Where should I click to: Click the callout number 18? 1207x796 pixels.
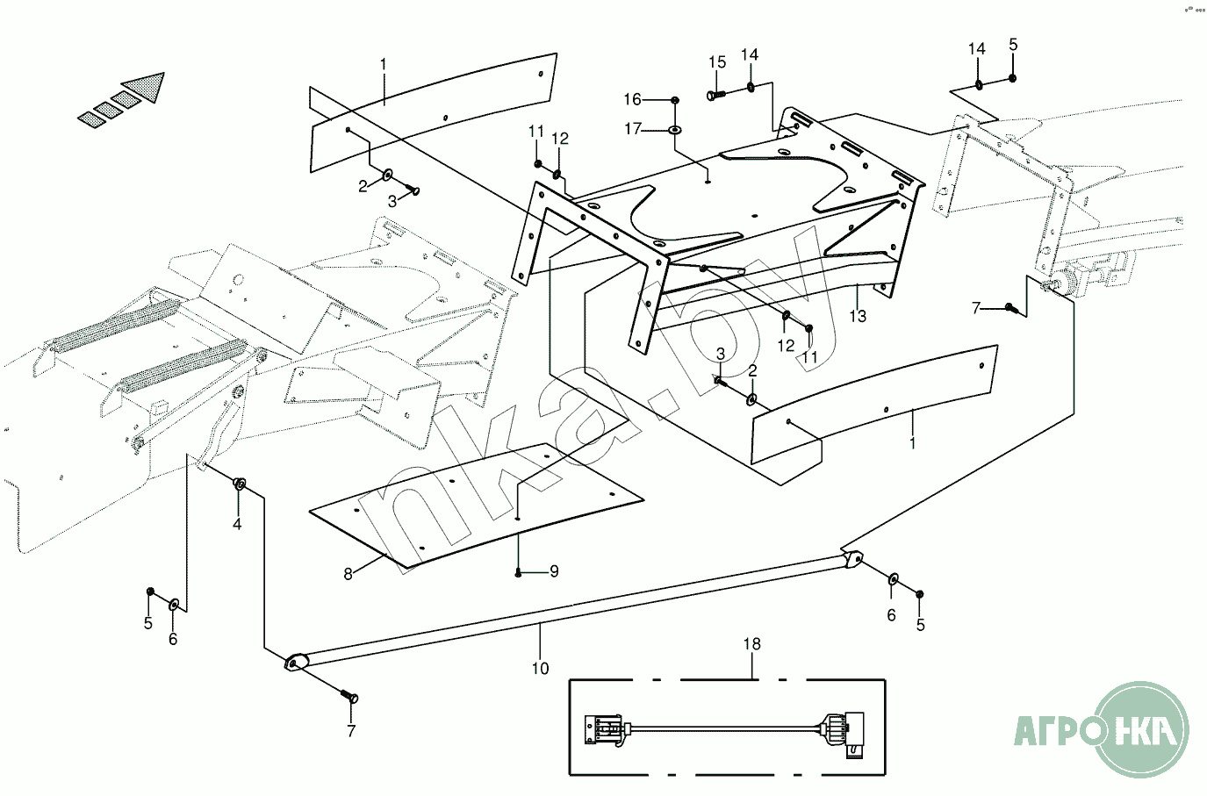[x=752, y=644]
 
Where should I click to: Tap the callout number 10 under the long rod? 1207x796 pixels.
[x=540, y=668]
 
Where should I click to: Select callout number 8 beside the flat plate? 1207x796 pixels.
[x=348, y=574]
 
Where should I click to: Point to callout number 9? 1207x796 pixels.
[x=554, y=571]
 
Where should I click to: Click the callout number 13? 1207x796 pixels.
[x=858, y=316]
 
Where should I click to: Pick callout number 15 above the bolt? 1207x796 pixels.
[x=717, y=62]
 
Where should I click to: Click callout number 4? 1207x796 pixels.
[x=237, y=524]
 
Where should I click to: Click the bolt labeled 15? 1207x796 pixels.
[x=716, y=94]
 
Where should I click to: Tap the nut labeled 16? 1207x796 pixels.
[x=674, y=100]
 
